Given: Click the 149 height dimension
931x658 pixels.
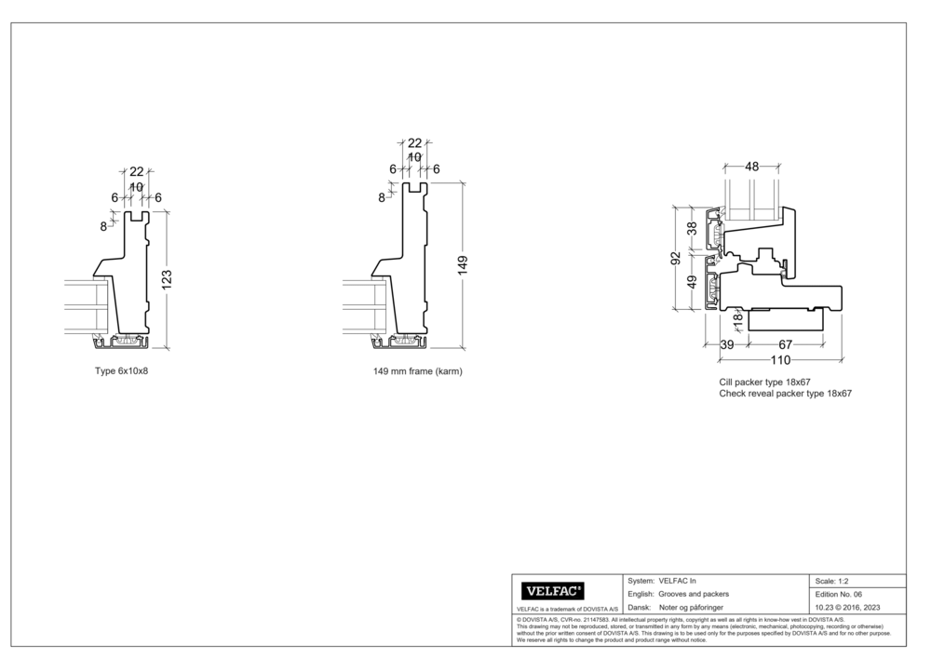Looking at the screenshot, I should click(x=463, y=264).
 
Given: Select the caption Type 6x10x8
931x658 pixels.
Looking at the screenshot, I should click(x=122, y=370).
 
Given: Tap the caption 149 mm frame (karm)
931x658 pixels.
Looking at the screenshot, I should click(x=417, y=370).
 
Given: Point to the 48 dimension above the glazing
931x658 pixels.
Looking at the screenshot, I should click(x=751, y=167).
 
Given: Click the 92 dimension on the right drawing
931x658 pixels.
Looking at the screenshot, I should click(x=677, y=258).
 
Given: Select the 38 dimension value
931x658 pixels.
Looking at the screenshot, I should click(x=692, y=229).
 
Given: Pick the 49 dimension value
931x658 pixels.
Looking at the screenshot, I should click(x=692, y=282).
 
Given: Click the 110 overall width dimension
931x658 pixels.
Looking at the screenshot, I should click(x=780, y=360).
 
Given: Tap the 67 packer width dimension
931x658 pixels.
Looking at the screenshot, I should click(x=786, y=345).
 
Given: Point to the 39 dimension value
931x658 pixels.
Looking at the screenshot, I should click(x=727, y=345).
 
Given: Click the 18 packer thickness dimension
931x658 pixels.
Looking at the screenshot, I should click(x=738, y=319).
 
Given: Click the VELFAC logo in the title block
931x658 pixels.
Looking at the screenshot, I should click(x=554, y=590).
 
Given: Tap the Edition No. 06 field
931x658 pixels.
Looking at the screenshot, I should click(x=839, y=594).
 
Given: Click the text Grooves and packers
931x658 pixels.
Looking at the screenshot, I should click(x=694, y=594).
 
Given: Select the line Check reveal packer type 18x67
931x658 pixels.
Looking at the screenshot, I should click(x=786, y=394).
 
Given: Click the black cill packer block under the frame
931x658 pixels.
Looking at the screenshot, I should click(x=787, y=320).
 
